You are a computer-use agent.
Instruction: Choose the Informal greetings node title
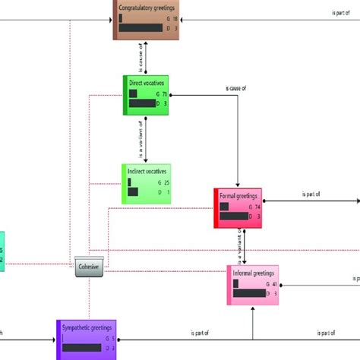coord(254,271)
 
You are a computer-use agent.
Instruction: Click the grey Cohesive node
coord(90,266)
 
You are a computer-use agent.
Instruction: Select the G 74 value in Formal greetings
coord(257,207)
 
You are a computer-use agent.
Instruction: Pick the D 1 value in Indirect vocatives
coord(161,194)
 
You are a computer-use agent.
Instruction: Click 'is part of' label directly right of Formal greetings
coord(310,194)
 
